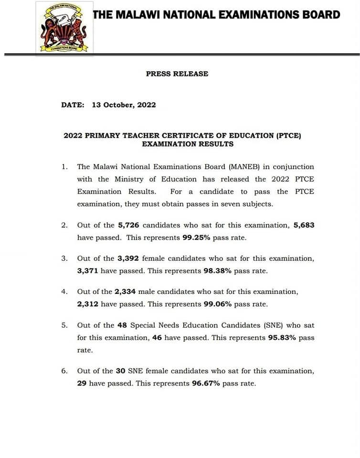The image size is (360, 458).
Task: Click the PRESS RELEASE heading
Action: click(177, 74)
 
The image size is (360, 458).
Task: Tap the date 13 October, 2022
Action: click(124, 105)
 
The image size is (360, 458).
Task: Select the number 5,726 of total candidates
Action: click(128, 225)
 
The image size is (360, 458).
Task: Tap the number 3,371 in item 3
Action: click(87, 270)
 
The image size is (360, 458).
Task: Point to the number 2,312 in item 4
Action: click(87, 303)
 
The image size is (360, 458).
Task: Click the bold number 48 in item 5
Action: click(122, 325)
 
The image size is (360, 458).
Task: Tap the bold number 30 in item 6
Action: click(121, 371)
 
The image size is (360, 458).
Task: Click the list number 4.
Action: click(64, 292)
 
